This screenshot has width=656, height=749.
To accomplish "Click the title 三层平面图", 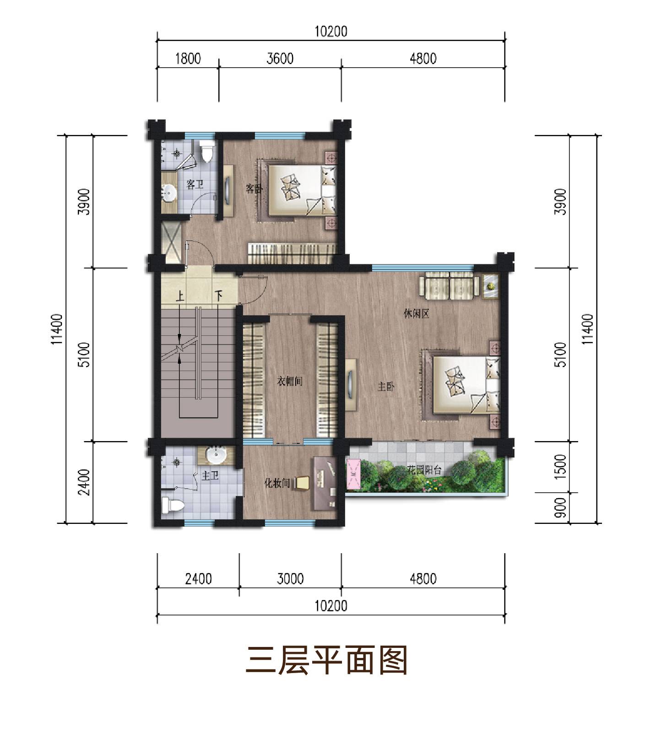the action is tap(327, 660).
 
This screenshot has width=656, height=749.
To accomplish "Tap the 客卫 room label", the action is tap(195, 184).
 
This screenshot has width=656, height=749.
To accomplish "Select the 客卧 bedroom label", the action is tap(254, 188).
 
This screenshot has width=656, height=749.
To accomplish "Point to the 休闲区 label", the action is tap(416, 314).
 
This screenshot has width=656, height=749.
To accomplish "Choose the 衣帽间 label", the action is tap(290, 381).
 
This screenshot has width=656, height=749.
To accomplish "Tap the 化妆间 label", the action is tap(278, 483).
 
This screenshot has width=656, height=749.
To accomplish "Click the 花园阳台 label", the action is tap(424, 470).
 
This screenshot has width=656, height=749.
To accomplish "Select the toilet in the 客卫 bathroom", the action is tap(207, 151).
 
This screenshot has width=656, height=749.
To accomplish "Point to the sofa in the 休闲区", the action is tap(450, 286).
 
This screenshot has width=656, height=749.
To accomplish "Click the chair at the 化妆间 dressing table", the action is tap(303, 483).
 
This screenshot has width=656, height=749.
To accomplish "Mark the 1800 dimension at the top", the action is tap(188, 59).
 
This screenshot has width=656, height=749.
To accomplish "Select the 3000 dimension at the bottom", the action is tap(290, 579).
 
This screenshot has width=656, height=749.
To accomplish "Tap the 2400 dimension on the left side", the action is tap(84, 482).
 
